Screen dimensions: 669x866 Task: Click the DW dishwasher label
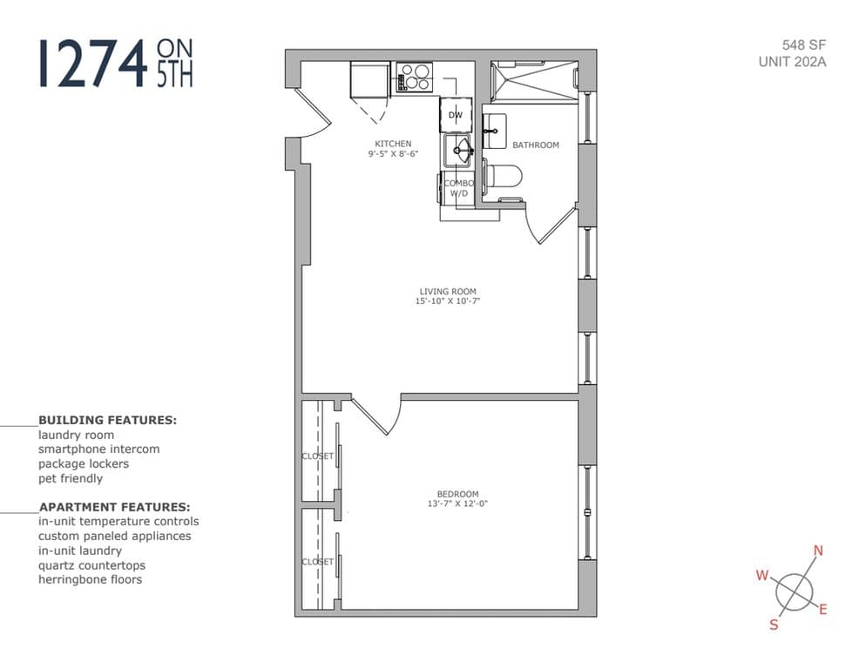(456, 115)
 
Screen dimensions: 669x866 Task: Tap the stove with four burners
(415, 77)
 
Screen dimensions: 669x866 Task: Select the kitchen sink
(458, 152)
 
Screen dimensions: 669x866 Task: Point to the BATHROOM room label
(535, 145)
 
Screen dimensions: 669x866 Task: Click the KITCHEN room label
(393, 144)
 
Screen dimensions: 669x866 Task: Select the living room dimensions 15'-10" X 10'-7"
(448, 301)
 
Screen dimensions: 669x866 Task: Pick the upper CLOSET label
(317, 456)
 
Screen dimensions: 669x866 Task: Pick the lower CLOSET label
(317, 562)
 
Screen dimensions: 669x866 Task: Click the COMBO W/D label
(458, 188)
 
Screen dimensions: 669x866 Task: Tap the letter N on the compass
(817, 550)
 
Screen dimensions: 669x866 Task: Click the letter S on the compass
(772, 625)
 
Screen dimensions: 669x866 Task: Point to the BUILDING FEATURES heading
(107, 420)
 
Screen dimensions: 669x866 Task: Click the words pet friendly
(71, 478)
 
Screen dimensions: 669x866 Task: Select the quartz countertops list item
(91, 565)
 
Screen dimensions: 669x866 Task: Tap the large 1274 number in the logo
(92, 63)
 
